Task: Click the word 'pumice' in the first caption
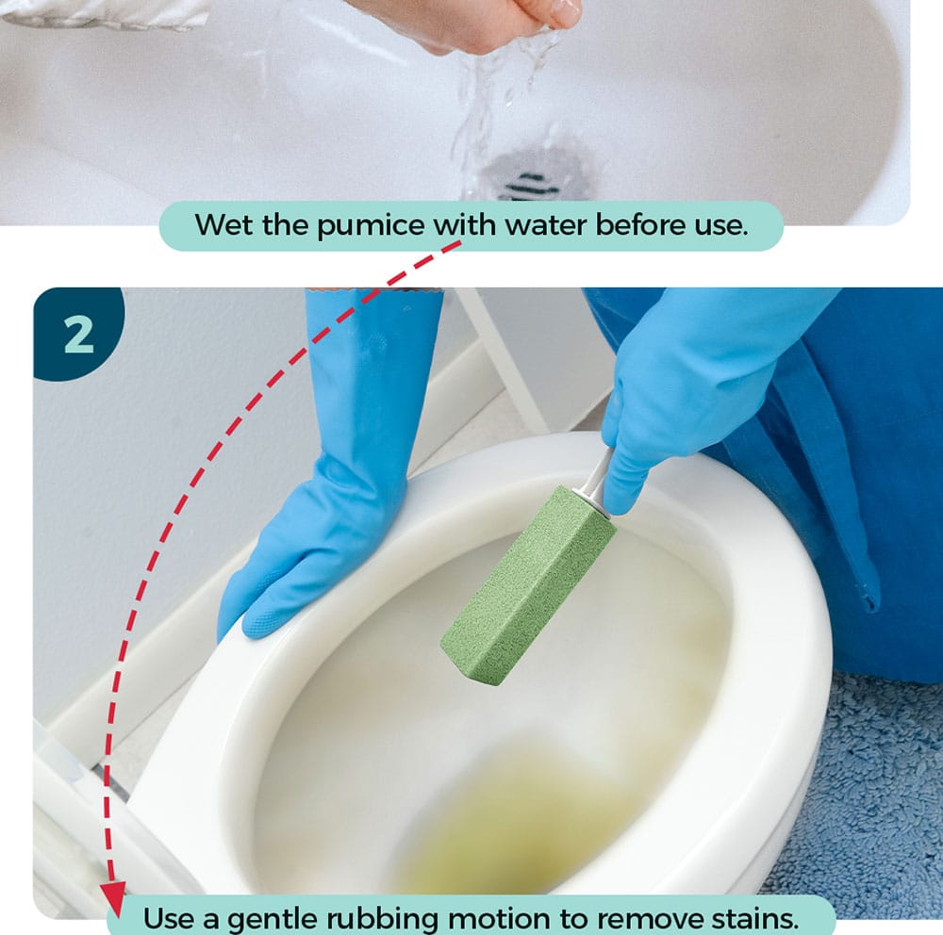click(x=371, y=225)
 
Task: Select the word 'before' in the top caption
click(x=637, y=224)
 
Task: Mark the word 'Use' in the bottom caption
click(x=170, y=919)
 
